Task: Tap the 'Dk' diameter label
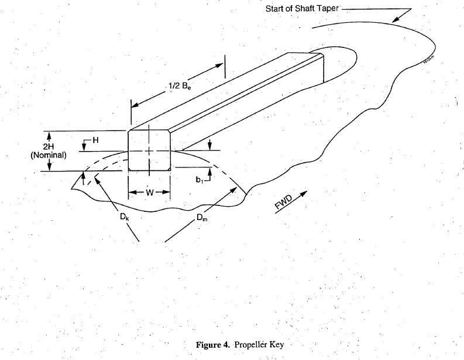click(125, 218)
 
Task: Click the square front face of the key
click(149, 150)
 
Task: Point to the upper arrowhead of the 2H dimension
click(49, 134)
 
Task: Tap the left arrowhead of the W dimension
click(131, 191)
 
